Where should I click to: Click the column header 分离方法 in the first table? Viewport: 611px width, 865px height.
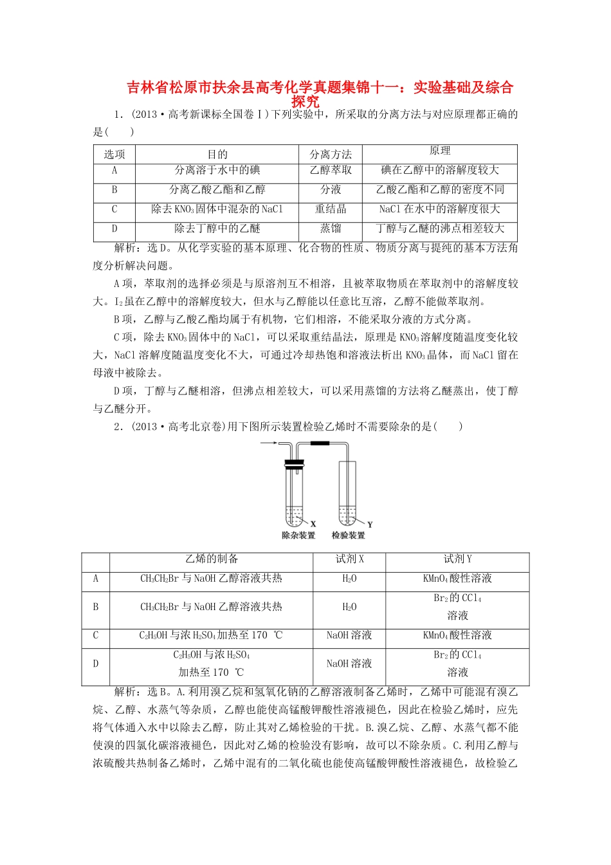coord(331,154)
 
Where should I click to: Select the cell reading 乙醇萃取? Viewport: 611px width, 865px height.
coord(331,171)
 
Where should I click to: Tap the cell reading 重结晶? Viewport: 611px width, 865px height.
coord(331,209)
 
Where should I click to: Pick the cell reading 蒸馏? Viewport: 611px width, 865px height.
coord(331,228)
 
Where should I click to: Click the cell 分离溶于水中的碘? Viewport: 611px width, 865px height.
coord(217,171)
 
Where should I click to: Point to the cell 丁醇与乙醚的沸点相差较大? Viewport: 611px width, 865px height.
coord(440,228)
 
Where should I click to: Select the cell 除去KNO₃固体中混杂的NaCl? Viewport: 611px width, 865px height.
coord(217,209)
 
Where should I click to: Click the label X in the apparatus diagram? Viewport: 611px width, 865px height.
coord(313,524)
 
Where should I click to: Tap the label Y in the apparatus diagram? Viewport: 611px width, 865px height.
coord(370,525)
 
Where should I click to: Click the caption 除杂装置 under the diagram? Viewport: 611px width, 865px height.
coord(298,535)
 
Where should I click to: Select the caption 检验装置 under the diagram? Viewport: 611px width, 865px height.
coord(348,535)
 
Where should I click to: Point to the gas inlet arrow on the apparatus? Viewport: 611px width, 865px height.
coord(268,443)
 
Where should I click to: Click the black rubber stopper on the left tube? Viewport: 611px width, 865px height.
coord(294,463)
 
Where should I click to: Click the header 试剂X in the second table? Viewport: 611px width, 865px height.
coord(349,559)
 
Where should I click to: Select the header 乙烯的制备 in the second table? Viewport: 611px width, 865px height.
coord(211,559)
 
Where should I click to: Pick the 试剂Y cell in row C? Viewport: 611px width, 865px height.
coord(457,635)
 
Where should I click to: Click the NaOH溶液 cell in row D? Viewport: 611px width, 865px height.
coord(349,664)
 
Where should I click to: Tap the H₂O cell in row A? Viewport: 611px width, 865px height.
coord(349,579)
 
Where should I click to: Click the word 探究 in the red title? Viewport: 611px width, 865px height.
coord(305,101)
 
